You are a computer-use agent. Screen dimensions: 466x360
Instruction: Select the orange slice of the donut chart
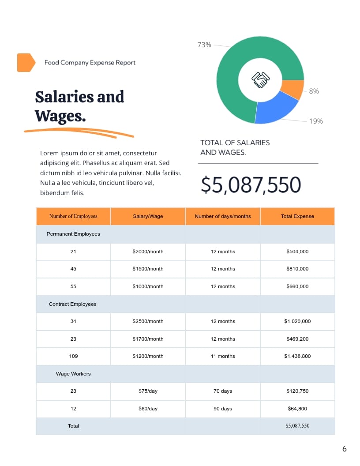click(x=292, y=90)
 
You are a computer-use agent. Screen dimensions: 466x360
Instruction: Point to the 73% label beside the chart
click(x=204, y=45)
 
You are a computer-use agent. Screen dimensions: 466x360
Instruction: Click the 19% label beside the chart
click(x=315, y=121)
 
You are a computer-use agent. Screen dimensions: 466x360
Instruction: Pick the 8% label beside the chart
click(x=314, y=91)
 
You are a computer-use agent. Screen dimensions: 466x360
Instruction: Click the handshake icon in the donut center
click(x=260, y=79)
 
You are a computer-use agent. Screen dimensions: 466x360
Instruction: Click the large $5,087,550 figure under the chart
click(x=251, y=185)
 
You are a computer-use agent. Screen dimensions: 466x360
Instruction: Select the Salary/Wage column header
click(x=148, y=216)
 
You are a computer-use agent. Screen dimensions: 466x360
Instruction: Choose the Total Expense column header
click(x=297, y=216)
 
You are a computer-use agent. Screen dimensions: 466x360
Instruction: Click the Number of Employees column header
click(x=73, y=216)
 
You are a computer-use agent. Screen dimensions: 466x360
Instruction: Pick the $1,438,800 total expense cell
click(x=297, y=356)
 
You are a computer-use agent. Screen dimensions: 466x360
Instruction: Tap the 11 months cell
click(x=223, y=356)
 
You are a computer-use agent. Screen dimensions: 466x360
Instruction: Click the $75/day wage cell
click(x=148, y=391)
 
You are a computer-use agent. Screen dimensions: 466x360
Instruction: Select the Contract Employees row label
click(x=72, y=304)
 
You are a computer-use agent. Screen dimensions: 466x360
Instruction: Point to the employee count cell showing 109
click(x=73, y=356)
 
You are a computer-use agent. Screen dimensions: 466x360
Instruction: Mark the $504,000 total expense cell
click(x=297, y=252)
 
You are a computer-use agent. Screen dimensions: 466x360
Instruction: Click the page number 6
click(x=345, y=449)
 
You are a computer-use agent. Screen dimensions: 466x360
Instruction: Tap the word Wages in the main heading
click(x=60, y=116)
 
